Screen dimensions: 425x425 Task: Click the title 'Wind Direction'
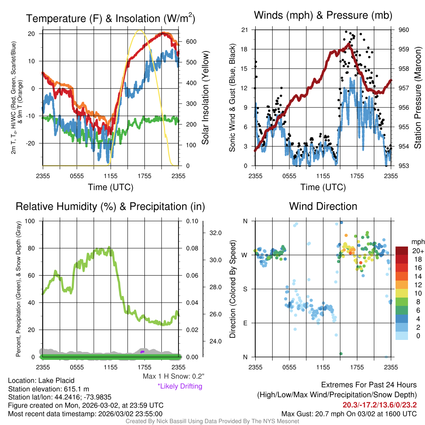[323, 206]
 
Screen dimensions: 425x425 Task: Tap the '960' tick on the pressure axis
[404, 30]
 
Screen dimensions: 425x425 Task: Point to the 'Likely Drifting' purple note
[180, 386]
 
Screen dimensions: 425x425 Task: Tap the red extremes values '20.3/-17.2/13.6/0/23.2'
[379, 405]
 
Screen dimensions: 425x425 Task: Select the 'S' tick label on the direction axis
[245, 289]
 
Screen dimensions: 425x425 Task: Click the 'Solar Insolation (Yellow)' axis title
[205, 98]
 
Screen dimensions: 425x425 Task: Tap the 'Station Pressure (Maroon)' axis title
[418, 98]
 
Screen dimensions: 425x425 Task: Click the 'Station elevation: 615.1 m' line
[49, 389]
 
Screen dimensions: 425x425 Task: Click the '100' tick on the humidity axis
[32, 221]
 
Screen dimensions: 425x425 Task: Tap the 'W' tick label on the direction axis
[245, 255]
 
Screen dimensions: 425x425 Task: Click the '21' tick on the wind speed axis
[245, 30]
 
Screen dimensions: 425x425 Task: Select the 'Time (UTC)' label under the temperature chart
[110, 187]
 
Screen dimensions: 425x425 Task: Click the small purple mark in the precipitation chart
[142, 352]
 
